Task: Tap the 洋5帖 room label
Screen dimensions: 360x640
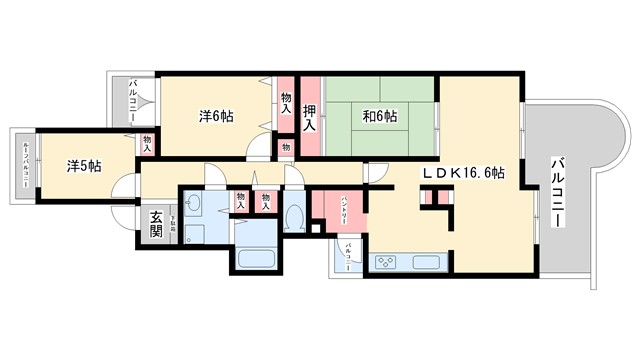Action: pyautogui.click(x=84, y=166)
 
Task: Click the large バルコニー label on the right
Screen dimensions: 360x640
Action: pyautogui.click(x=557, y=191)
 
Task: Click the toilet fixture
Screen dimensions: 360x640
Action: pyautogui.click(x=294, y=216)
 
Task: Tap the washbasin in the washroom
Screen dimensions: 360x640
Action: pyautogui.click(x=194, y=205)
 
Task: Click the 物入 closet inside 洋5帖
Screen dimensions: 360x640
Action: pyautogui.click(x=148, y=143)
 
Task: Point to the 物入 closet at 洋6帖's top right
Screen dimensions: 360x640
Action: pyautogui.click(x=286, y=101)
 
